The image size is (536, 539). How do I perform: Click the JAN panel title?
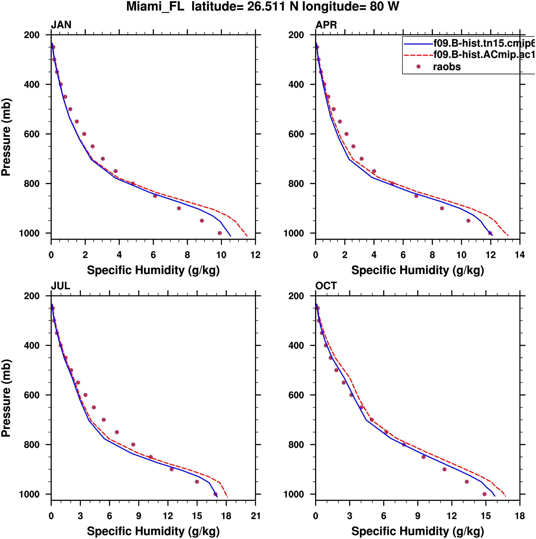point(61,25)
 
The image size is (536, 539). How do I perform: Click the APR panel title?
point(326,25)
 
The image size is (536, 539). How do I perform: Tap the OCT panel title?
point(326,286)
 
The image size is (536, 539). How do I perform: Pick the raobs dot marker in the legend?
point(418,67)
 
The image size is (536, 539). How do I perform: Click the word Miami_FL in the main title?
point(155,7)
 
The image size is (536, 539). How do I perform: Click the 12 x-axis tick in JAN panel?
point(255,255)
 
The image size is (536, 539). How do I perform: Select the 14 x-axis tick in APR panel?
point(520,255)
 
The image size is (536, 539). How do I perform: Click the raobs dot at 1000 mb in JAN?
point(220,233)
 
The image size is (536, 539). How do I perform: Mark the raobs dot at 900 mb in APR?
point(442,208)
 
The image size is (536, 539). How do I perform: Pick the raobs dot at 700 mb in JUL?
point(104,420)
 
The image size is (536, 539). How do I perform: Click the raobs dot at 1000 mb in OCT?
point(484,494)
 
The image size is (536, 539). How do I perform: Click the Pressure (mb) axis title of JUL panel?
point(6,398)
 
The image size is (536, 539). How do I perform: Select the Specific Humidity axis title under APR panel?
point(417,270)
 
